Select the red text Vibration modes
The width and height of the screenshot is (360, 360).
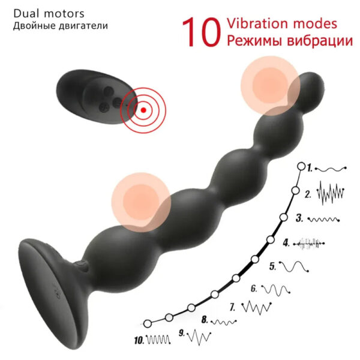coord(281,24)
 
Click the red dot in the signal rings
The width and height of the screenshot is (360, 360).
coord(143,110)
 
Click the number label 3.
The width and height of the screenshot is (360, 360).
coord(298,218)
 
